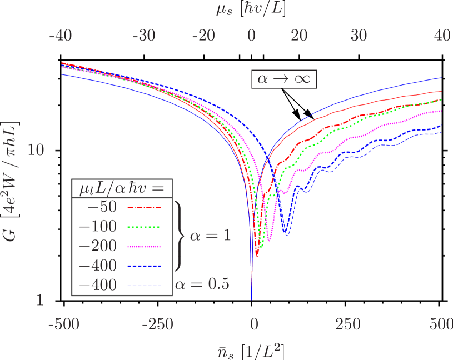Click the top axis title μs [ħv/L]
tap(252, 9)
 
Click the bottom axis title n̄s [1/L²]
tap(252, 350)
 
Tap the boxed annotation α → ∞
tap(283, 79)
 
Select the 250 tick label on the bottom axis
tap(347, 323)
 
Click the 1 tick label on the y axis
tap(40, 301)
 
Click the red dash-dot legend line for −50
tap(144, 208)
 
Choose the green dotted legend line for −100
tap(144, 227)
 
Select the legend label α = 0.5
tap(202, 285)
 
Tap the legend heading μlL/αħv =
tap(121, 188)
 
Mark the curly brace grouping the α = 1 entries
tap(177, 236)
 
